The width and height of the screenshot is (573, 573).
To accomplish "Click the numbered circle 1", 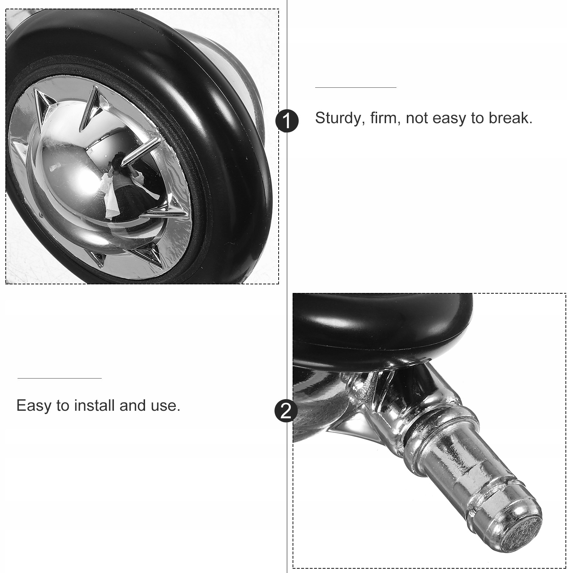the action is point(287,121).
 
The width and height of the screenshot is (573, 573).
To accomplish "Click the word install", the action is point(95,405).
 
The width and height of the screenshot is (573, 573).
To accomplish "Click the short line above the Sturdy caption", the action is point(356,87).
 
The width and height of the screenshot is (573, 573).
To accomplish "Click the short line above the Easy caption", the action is point(59,378).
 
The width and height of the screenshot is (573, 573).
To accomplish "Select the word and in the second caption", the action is point(133,405).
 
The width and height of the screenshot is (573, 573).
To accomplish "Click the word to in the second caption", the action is point(63,406).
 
